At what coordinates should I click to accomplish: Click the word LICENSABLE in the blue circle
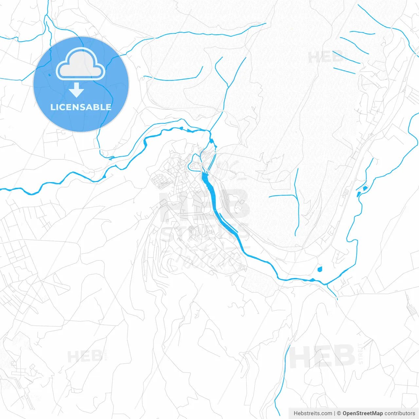coord(81,107)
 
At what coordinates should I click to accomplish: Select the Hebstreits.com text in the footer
coord(313,413)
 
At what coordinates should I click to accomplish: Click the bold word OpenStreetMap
coord(362,413)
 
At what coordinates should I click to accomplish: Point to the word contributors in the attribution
coord(400,413)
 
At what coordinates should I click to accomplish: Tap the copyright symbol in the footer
coord(339,413)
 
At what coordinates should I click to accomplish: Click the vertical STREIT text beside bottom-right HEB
coord(361,354)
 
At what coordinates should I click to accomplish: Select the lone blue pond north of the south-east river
coord(320,269)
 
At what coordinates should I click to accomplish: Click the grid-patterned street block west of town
coord(160,181)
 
